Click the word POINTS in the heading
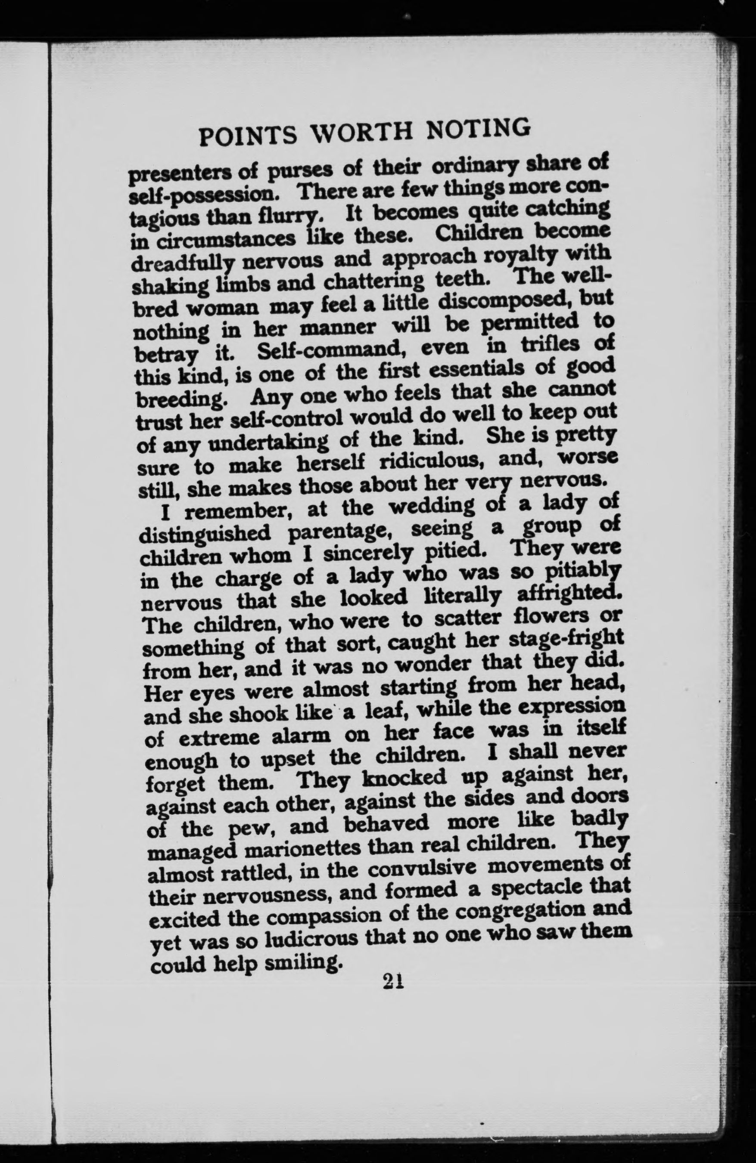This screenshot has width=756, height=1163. click(249, 136)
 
